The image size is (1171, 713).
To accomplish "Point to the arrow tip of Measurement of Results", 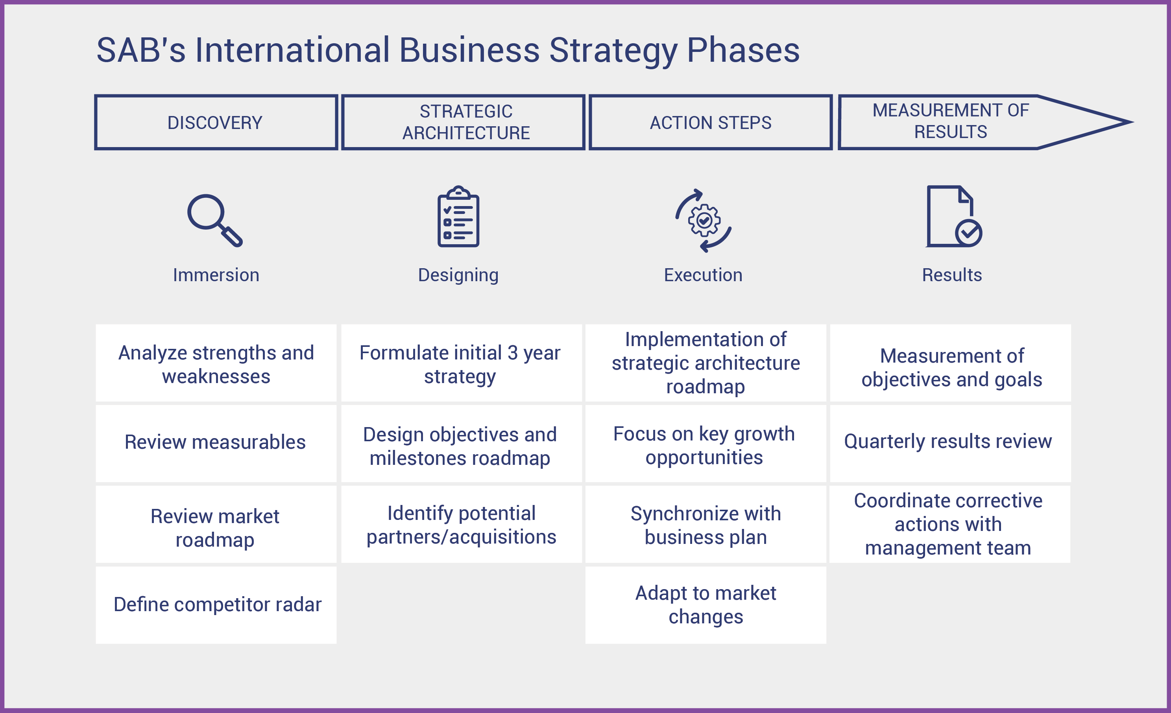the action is [x=1132, y=122].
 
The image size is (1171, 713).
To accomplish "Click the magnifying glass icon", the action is [x=215, y=220].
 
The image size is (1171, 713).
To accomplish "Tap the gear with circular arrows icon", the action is [x=704, y=220].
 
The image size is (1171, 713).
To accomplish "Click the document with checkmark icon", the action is [x=954, y=216].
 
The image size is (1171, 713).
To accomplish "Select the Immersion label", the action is [x=216, y=275].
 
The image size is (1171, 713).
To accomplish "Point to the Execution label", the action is [x=703, y=275].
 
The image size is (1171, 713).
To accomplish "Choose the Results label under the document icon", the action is [x=952, y=275].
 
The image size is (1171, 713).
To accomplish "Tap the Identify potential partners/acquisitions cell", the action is [x=462, y=524].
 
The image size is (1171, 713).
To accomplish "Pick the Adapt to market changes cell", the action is [x=706, y=605].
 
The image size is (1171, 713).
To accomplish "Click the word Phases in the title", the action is [x=743, y=50].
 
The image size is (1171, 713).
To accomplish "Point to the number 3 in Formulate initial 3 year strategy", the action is [x=512, y=353].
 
